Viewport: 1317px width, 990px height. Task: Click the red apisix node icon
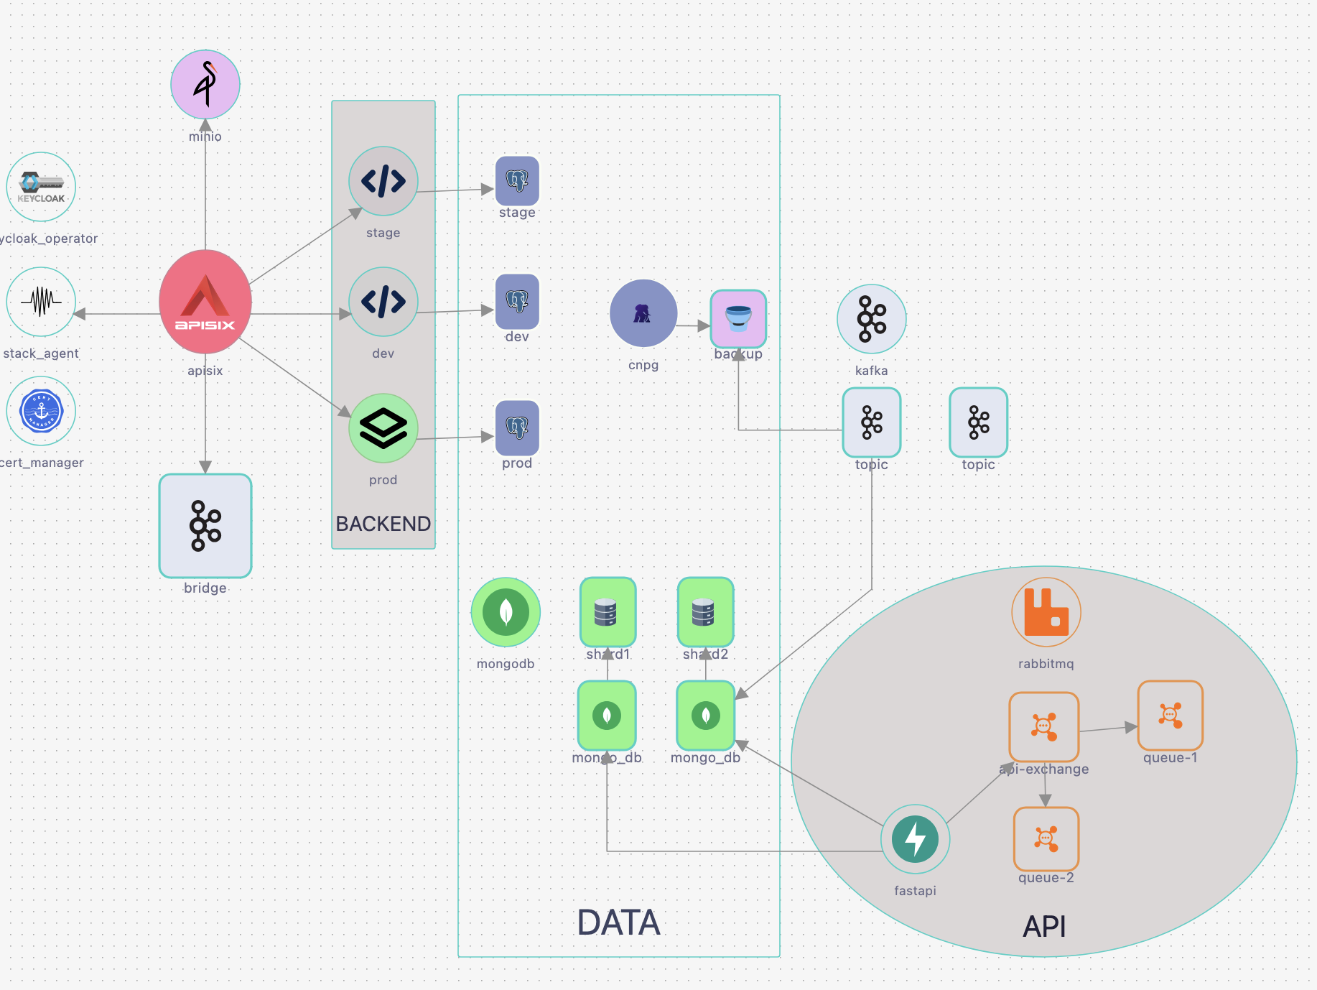pyautogui.click(x=205, y=302)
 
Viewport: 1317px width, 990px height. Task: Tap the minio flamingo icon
pyautogui.click(x=205, y=84)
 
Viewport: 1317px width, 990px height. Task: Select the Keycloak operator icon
pyautogui.click(x=41, y=187)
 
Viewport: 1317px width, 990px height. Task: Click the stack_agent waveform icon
pyautogui.click(x=41, y=302)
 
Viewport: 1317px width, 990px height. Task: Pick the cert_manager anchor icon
pyautogui.click(x=41, y=412)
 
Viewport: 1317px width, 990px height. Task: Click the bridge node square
pyautogui.click(x=205, y=526)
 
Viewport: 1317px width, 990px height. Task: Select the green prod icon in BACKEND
pyautogui.click(x=383, y=428)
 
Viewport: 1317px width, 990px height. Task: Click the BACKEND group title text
pyautogui.click(x=383, y=524)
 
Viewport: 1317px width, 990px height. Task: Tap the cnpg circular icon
pyautogui.click(x=643, y=313)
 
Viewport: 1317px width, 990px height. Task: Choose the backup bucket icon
pyautogui.click(x=738, y=318)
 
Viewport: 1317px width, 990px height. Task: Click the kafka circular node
pyautogui.click(x=872, y=319)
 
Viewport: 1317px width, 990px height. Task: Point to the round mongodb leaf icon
pyautogui.click(x=506, y=612)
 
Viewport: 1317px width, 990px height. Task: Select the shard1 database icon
pyautogui.click(x=608, y=612)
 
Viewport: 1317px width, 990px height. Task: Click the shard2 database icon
pyautogui.click(x=705, y=612)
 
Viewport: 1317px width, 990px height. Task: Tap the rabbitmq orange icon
pyautogui.click(x=1046, y=612)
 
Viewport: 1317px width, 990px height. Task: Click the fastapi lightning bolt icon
pyautogui.click(x=916, y=839)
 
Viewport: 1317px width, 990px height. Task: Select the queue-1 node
pyautogui.click(x=1171, y=716)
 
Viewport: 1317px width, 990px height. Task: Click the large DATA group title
pyautogui.click(x=618, y=922)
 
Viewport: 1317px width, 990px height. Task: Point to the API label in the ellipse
pyautogui.click(x=1044, y=927)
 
